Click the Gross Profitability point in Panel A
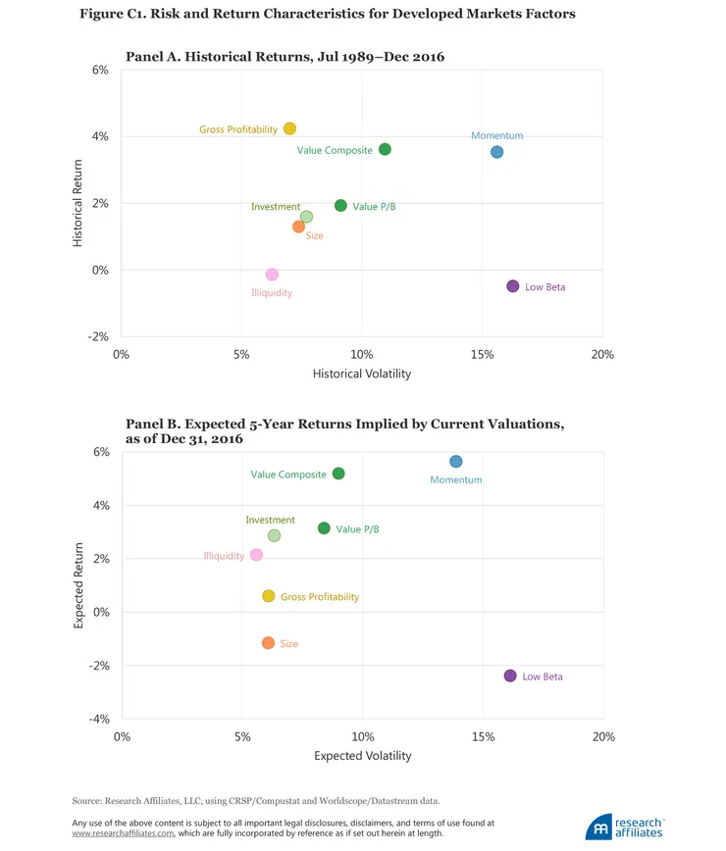[289, 128]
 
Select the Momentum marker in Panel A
[497, 152]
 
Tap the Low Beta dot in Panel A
[512, 286]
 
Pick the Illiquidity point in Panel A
[272, 275]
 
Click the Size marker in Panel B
[268, 643]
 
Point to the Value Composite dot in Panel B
[338, 474]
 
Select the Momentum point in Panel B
[455, 462]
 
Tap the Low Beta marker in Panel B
[510, 676]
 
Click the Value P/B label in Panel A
[375, 207]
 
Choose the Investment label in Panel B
[270, 521]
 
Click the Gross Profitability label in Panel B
[320, 597]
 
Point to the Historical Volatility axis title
[361, 374]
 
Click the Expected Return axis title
[79, 586]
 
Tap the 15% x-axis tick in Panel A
[482, 354]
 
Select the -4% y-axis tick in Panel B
[99, 720]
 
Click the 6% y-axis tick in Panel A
[100, 71]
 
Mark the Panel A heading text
[285, 57]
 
